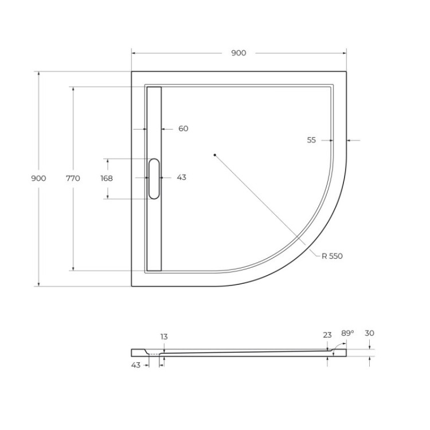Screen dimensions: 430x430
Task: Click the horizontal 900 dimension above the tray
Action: click(239, 53)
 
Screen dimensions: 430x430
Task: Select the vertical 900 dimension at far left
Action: click(38, 178)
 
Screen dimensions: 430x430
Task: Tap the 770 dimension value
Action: click(73, 178)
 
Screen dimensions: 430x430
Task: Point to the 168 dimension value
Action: click(107, 178)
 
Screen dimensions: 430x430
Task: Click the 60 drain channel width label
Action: click(183, 129)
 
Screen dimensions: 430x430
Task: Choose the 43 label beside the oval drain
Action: click(181, 178)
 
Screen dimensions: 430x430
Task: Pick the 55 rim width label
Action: click(311, 140)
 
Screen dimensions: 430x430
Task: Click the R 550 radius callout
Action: click(332, 256)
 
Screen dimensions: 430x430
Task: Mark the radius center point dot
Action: click(214, 155)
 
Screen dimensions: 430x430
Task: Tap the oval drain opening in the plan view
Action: click(154, 179)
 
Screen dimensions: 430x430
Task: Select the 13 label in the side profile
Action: click(164, 337)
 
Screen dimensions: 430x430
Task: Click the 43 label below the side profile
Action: click(136, 365)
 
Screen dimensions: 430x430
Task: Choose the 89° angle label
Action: click(347, 333)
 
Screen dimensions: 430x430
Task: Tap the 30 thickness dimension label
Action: click(369, 333)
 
